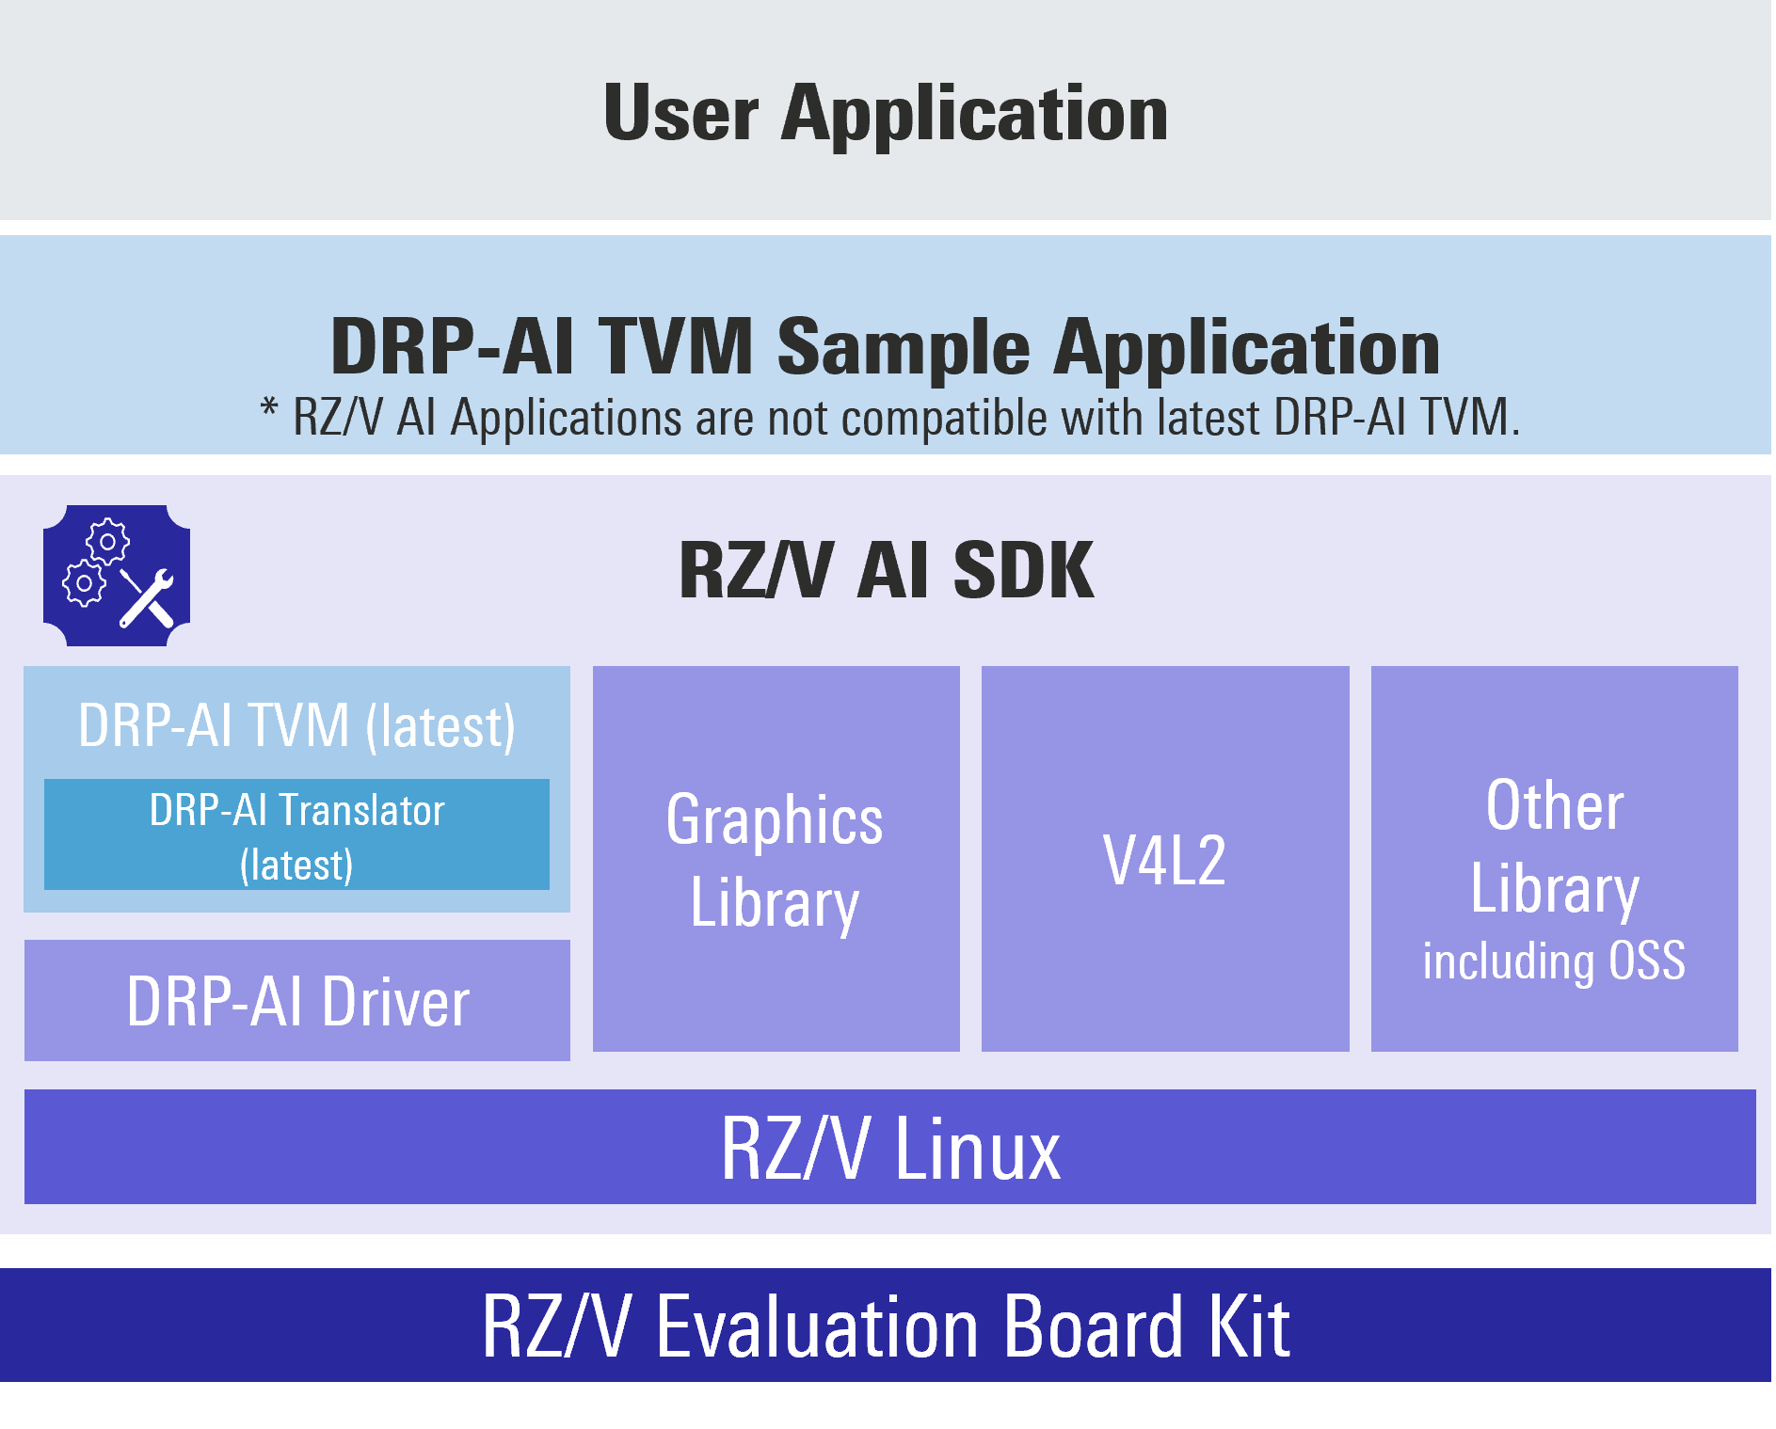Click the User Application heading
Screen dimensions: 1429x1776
[x=885, y=114]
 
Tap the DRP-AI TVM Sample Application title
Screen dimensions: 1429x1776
[x=885, y=346]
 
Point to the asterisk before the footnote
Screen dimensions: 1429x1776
[x=269, y=410]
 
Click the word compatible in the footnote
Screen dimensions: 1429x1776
[x=943, y=418]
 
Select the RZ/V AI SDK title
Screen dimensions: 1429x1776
[x=886, y=570]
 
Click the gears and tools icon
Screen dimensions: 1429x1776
[x=117, y=576]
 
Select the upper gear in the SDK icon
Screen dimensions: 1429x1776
[x=108, y=541]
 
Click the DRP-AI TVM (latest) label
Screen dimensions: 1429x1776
[x=296, y=726]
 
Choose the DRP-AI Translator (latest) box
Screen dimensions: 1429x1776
[x=296, y=835]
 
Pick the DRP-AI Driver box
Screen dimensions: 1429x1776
[x=296, y=1001]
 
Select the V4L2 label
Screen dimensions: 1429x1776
[x=1164, y=860]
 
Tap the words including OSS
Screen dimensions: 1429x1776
[x=1554, y=961]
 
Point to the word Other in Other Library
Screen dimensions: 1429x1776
[x=1555, y=806]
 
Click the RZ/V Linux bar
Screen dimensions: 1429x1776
[x=889, y=1148]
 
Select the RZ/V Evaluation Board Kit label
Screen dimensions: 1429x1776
[x=885, y=1326]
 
